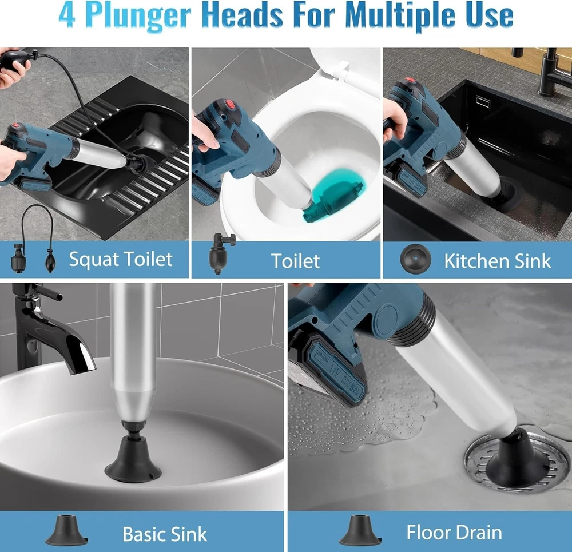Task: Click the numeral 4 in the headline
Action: (67, 15)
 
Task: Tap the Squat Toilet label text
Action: (121, 259)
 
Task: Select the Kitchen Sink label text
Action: (498, 261)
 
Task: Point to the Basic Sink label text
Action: (165, 534)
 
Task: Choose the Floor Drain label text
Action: (454, 533)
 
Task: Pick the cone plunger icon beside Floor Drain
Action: (360, 530)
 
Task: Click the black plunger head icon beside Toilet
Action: (220, 253)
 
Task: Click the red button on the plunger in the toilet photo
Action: (231, 105)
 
